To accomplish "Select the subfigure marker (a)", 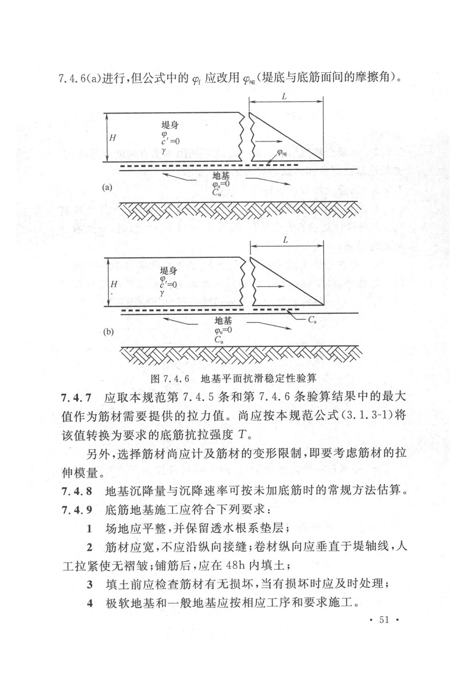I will [x=107, y=187].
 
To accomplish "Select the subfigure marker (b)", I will [x=108, y=332].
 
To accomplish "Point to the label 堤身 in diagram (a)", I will [x=170, y=125].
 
